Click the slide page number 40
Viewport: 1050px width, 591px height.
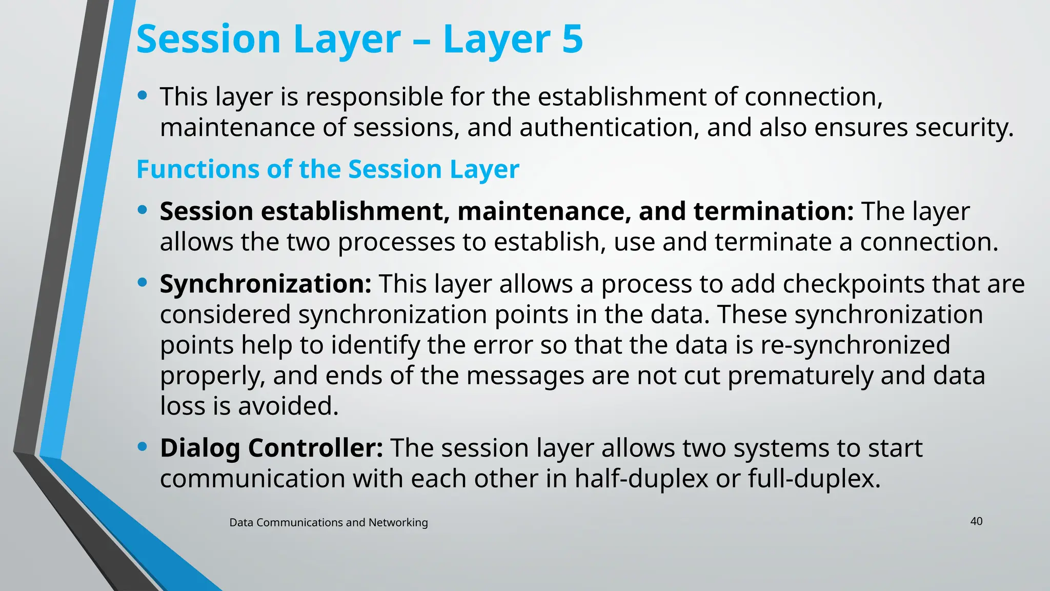pyautogui.click(x=976, y=521)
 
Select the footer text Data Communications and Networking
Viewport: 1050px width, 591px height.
pyautogui.click(x=328, y=522)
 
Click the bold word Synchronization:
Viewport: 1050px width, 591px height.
pyautogui.click(x=266, y=284)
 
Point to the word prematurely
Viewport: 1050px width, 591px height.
pyautogui.click(x=800, y=376)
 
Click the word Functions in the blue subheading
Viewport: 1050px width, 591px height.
pyautogui.click(x=198, y=169)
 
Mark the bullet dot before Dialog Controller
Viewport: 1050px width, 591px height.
pyautogui.click(x=143, y=447)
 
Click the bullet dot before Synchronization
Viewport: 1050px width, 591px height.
pyautogui.click(x=143, y=282)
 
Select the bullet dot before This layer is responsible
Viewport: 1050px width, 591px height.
pyautogui.click(x=143, y=95)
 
